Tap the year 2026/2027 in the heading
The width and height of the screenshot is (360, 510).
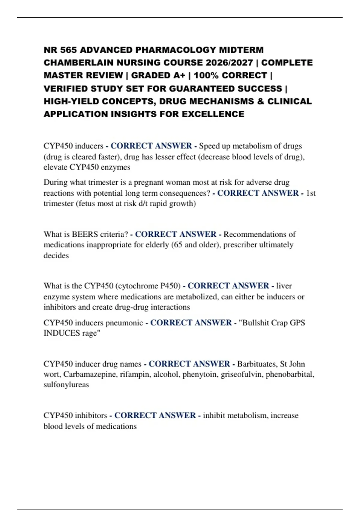pos(229,63)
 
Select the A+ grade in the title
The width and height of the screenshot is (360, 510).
pos(179,75)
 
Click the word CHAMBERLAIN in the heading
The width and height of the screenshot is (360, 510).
pos(79,63)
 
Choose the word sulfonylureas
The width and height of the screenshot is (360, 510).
pos(66,385)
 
